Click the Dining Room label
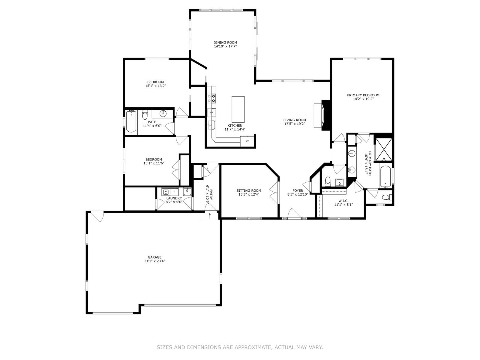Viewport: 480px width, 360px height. point(225,42)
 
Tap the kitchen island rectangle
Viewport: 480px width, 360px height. point(238,109)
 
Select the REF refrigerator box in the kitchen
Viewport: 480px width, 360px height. point(247,141)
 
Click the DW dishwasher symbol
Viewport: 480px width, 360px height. point(211,112)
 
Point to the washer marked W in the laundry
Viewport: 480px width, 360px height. point(166,192)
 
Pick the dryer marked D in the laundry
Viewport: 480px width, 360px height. point(174,192)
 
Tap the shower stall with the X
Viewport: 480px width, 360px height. point(384,149)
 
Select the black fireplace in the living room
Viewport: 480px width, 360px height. point(325,115)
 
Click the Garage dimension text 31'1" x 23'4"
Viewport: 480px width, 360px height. point(154,261)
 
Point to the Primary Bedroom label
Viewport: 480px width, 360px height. point(363,95)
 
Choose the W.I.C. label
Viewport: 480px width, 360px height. point(343,201)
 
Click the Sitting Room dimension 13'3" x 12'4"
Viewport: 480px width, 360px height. point(249,194)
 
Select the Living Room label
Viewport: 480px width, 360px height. point(295,120)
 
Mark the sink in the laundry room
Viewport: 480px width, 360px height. point(187,191)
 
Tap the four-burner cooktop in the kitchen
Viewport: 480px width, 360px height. point(211,98)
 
